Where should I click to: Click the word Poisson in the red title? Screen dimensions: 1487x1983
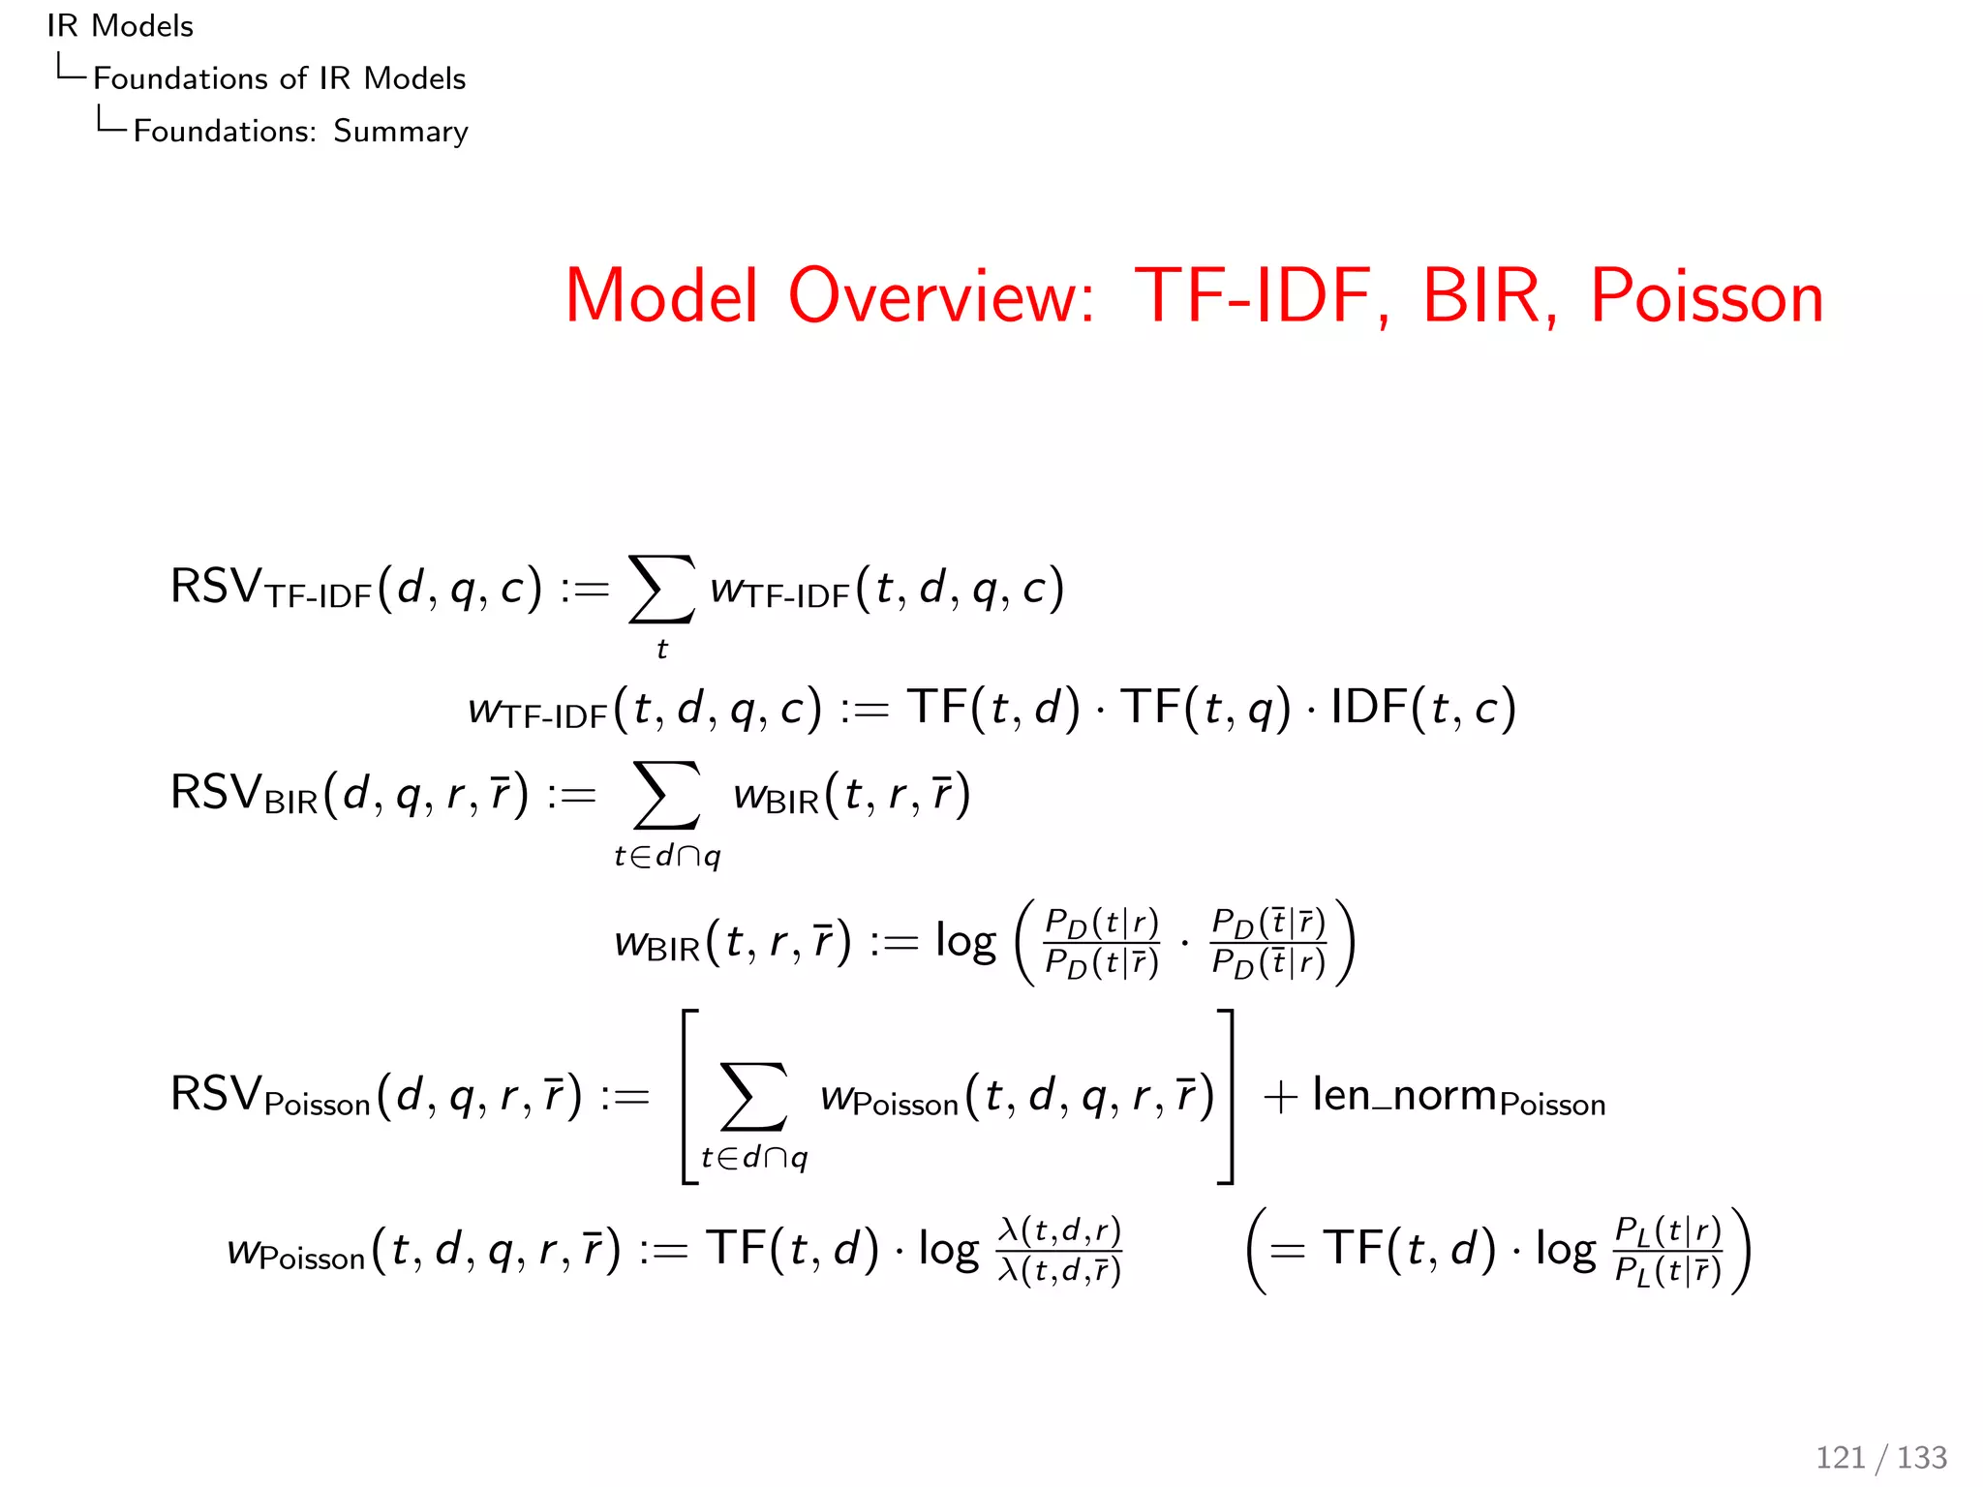coord(1707,296)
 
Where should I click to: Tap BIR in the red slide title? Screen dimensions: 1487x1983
coord(1482,296)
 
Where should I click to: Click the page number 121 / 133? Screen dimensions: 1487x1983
coord(1880,1457)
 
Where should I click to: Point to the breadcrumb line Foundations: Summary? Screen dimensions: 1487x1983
coord(300,131)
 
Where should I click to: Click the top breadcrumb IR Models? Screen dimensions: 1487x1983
coord(120,26)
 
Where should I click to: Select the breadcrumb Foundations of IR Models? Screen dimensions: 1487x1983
coord(279,78)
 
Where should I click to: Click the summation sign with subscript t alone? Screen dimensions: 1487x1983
coord(661,589)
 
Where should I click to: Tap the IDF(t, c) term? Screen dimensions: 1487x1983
coord(1422,708)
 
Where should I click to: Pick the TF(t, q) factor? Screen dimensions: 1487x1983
coord(1205,708)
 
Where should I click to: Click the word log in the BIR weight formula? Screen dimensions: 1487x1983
coord(964,941)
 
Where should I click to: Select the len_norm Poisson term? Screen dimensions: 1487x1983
coord(1458,1097)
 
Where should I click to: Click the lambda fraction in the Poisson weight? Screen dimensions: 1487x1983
coord(1059,1250)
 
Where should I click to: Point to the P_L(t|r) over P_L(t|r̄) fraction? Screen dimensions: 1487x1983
coord(1667,1250)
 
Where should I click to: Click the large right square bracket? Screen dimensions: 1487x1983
coord(1226,1096)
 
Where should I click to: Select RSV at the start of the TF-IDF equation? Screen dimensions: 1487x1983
coord(215,587)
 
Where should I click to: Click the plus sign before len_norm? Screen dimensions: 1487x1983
coord(1280,1098)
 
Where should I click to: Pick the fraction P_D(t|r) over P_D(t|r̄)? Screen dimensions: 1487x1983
coord(1102,942)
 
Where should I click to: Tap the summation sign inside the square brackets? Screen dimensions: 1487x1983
coord(754,1096)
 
